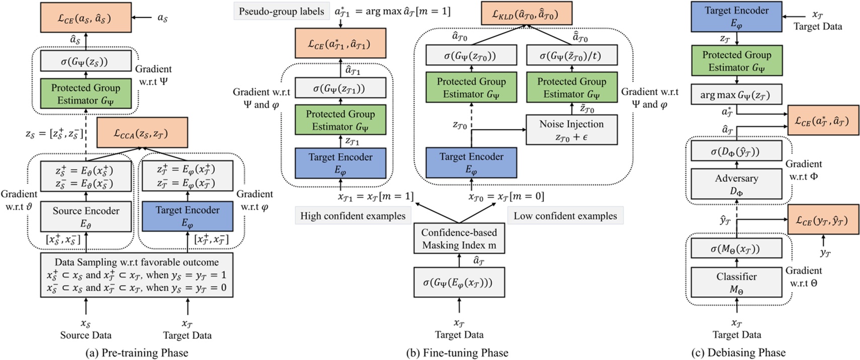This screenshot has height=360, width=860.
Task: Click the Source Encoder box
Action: (x=86, y=217)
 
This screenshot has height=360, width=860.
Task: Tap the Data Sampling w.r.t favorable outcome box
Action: (x=136, y=275)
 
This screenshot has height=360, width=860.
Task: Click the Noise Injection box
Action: (x=571, y=130)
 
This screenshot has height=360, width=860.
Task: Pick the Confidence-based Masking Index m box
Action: (x=459, y=239)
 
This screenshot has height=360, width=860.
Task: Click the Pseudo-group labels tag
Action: (x=281, y=11)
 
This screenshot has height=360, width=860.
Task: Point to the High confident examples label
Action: (x=353, y=216)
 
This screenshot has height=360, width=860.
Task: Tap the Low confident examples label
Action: (x=565, y=216)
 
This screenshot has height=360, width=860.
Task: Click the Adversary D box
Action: (x=736, y=184)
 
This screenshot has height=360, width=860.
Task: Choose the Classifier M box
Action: (x=736, y=282)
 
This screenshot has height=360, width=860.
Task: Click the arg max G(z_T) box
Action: (x=736, y=94)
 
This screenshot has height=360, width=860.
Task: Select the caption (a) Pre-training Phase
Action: (x=136, y=352)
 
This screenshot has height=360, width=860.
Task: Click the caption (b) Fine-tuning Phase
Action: (x=457, y=352)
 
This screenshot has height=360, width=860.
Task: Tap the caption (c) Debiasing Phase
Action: (x=738, y=352)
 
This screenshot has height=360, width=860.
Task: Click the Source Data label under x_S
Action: (x=86, y=335)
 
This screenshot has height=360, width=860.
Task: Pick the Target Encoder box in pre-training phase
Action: (x=187, y=217)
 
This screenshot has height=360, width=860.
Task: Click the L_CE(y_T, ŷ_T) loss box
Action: (x=823, y=220)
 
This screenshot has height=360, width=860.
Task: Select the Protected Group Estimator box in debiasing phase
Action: (x=736, y=61)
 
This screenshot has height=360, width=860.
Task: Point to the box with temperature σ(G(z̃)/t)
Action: (x=571, y=55)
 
